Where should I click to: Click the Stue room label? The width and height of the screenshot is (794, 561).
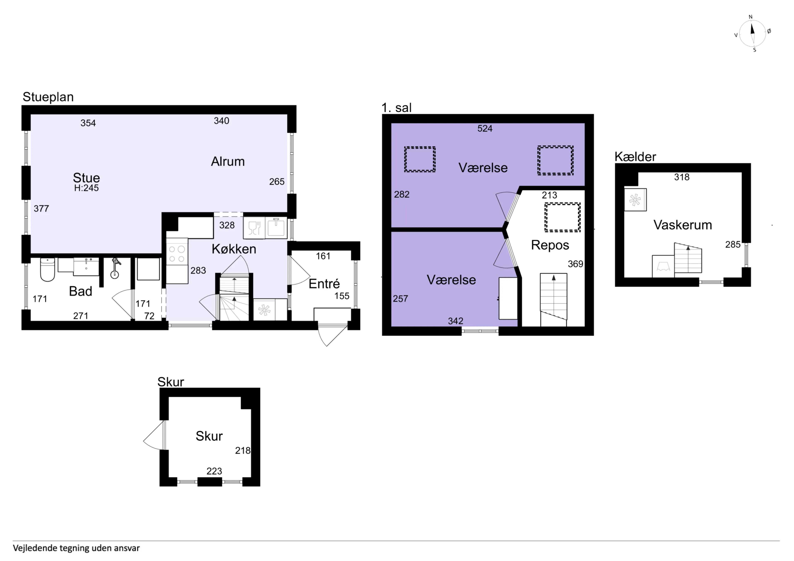[x=86, y=178]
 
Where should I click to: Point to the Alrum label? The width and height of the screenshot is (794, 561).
[x=228, y=161]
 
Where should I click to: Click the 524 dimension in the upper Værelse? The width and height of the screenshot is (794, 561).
[x=485, y=129]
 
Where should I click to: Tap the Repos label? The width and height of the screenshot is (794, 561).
[x=550, y=245]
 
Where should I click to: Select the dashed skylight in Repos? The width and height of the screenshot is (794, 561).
[x=562, y=217]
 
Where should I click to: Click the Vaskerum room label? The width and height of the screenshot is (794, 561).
[x=683, y=225]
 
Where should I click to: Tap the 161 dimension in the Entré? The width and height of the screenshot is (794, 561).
[x=323, y=256]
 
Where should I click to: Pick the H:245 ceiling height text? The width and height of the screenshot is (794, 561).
[x=86, y=188]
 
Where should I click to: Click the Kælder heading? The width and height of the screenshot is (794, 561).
[x=635, y=157]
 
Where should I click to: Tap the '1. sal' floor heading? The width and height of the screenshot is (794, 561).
[x=396, y=108]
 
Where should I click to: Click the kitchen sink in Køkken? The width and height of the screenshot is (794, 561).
[x=276, y=228]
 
